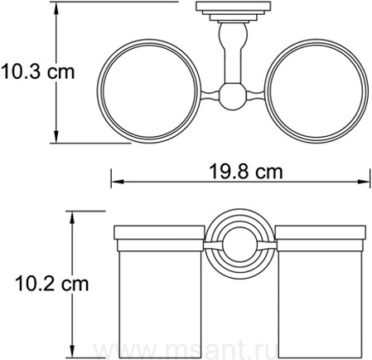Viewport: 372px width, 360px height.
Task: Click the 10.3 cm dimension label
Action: coord(38,71)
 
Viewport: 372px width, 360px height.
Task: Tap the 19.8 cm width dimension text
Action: coord(246,172)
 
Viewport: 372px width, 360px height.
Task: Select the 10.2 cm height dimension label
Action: coord(52,284)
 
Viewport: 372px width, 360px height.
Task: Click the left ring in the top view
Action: coord(97,91)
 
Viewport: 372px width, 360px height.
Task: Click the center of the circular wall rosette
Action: coord(239,246)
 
